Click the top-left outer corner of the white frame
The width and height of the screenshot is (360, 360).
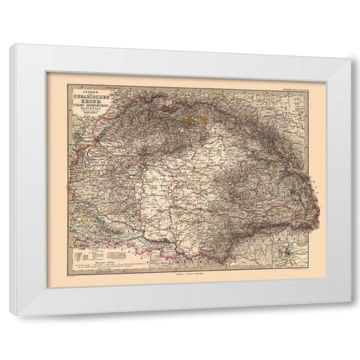point(10,44)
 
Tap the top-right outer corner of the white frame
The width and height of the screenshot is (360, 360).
point(350,59)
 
